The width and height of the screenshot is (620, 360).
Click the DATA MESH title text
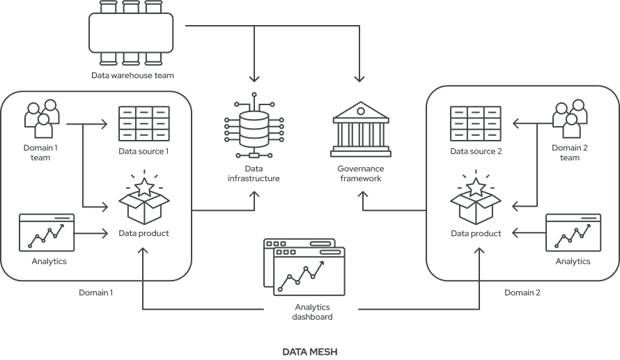(x=309, y=352)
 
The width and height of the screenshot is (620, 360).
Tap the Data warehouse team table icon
(x=132, y=33)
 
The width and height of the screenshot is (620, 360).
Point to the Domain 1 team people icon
(x=40, y=120)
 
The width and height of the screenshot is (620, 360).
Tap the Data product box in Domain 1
(x=144, y=203)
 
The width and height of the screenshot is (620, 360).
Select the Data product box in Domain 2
(x=475, y=203)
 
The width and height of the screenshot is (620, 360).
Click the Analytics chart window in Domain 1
(x=46, y=232)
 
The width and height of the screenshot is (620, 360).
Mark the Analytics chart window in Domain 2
(x=573, y=232)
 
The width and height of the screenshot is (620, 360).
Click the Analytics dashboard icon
(x=304, y=268)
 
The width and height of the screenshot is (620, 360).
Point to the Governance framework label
(x=359, y=173)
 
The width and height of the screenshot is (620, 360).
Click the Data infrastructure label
(x=254, y=173)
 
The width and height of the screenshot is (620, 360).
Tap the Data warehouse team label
(x=132, y=75)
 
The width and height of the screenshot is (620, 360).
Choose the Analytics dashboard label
(x=311, y=312)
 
